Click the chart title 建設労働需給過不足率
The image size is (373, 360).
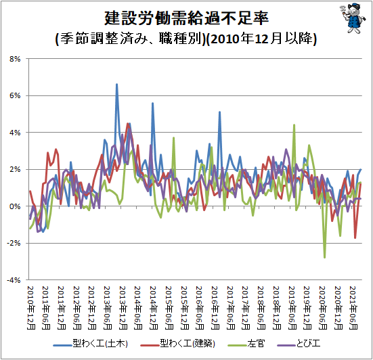[187, 18]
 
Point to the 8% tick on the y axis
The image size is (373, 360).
[15, 59]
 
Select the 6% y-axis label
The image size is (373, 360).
[15, 95]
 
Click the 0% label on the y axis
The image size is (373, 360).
[15, 206]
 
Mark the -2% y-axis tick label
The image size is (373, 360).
[14, 243]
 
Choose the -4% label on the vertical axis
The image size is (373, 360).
[14, 280]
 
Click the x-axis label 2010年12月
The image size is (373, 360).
[30, 307]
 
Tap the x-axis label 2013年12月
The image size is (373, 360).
[123, 307]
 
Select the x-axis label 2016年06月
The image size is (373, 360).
[200, 307]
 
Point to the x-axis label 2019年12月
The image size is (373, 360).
[307, 307]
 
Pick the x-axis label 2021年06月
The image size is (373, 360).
[353, 307]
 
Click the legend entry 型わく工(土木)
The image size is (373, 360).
[91, 344]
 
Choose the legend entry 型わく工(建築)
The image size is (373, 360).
[177, 344]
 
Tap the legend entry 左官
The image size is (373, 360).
[246, 344]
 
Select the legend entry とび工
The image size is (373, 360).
[299, 344]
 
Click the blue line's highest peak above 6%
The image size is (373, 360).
[117, 84]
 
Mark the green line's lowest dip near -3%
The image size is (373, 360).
[325, 258]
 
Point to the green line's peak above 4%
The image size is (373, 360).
[294, 125]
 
